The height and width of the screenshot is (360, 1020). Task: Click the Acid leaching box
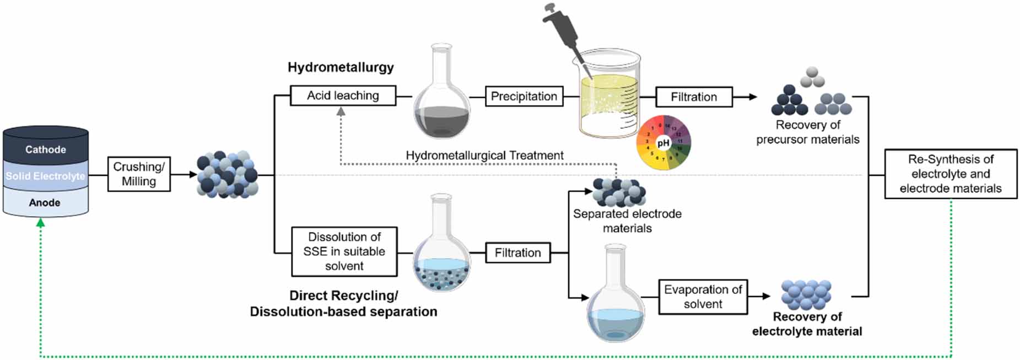(343, 95)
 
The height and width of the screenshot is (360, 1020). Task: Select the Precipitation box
(524, 96)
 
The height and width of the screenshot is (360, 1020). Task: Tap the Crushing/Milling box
(139, 174)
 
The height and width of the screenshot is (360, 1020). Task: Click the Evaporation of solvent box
(703, 297)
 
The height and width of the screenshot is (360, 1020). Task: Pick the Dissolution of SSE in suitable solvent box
(344, 251)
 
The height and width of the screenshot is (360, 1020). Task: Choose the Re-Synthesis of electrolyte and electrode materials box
(950, 174)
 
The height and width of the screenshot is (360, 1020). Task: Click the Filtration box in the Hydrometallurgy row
(693, 97)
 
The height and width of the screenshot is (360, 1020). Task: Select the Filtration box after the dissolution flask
(517, 252)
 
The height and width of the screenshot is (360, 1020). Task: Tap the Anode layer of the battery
(45, 202)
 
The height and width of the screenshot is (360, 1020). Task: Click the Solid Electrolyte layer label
(46, 176)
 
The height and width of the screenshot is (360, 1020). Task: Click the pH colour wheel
(663, 143)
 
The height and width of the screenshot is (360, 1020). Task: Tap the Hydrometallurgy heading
(341, 67)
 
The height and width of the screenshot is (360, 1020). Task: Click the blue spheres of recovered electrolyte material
(806, 295)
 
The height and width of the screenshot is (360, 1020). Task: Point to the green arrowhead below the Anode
(40, 222)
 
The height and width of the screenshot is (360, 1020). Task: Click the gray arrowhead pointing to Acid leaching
(341, 111)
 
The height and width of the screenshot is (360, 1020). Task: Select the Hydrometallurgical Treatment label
(484, 155)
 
